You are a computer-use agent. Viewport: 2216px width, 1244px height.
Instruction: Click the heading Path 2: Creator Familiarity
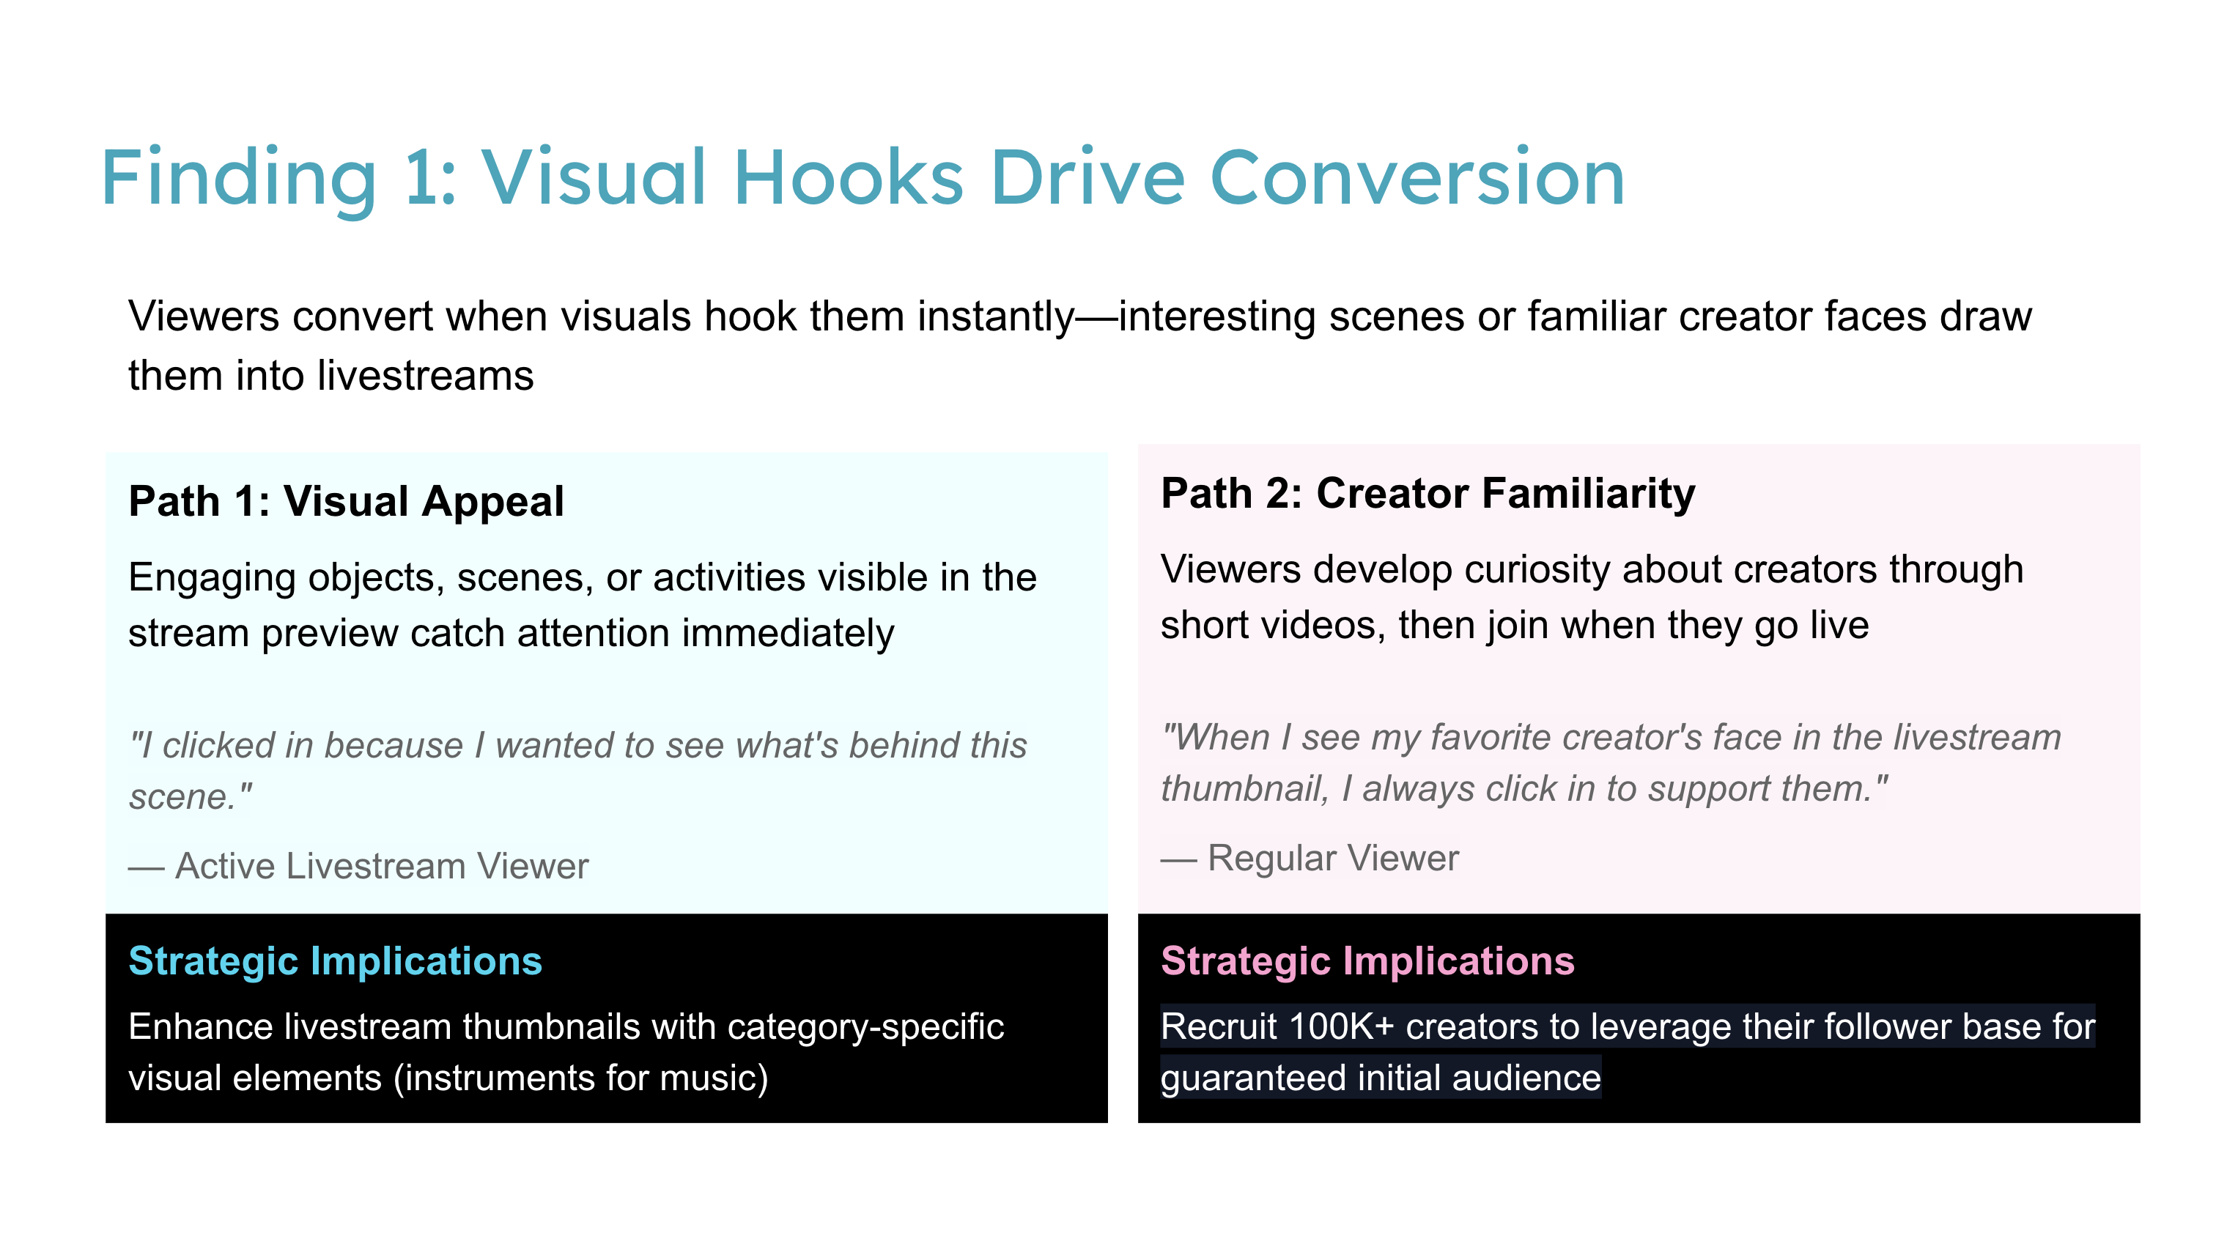click(1428, 493)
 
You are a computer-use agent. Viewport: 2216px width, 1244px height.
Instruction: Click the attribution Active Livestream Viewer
click(382, 865)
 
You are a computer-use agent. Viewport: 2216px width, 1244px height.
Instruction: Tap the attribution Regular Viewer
click(1334, 858)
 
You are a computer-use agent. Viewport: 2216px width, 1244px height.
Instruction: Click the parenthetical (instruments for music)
click(580, 1078)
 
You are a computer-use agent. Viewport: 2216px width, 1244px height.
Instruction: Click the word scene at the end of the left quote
click(178, 796)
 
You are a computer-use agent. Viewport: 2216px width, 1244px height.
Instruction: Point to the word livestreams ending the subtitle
click(425, 376)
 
